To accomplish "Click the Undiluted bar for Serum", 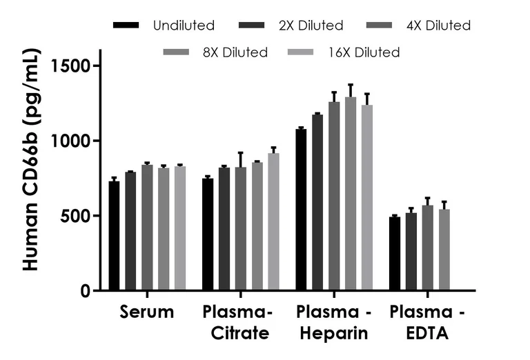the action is (x=114, y=236).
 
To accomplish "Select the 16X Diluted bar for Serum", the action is (x=180, y=228).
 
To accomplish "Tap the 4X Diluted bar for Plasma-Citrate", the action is (x=241, y=229).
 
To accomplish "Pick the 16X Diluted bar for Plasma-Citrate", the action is (x=274, y=222).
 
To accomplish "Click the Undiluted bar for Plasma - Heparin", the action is (x=301, y=210).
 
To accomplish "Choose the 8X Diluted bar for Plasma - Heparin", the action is (x=351, y=194).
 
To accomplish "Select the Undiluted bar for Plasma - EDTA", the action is (x=395, y=253).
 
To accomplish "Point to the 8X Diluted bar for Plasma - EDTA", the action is (x=444, y=250).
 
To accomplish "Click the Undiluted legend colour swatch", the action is (x=126, y=25).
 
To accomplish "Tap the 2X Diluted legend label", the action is (x=311, y=26).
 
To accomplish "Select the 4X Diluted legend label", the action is (x=438, y=26).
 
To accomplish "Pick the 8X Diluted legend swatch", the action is (x=176, y=52).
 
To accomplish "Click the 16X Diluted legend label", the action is (x=364, y=52).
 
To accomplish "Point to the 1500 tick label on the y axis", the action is (x=71, y=66).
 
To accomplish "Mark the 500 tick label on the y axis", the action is (x=76, y=216).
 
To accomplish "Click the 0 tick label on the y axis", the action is (x=86, y=291).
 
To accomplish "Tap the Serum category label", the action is (x=147, y=312).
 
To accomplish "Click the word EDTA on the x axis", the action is (x=427, y=333).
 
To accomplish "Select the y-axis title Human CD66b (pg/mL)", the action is (x=31, y=160).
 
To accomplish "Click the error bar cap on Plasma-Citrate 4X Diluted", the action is (x=241, y=152).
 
